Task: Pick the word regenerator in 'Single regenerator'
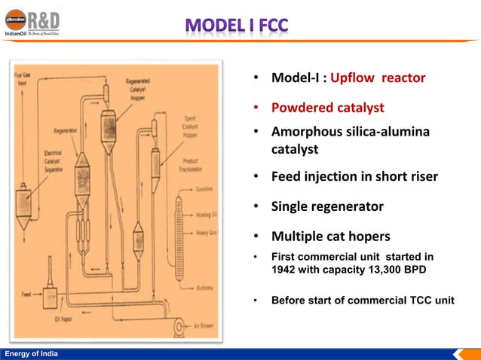[348, 206]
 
